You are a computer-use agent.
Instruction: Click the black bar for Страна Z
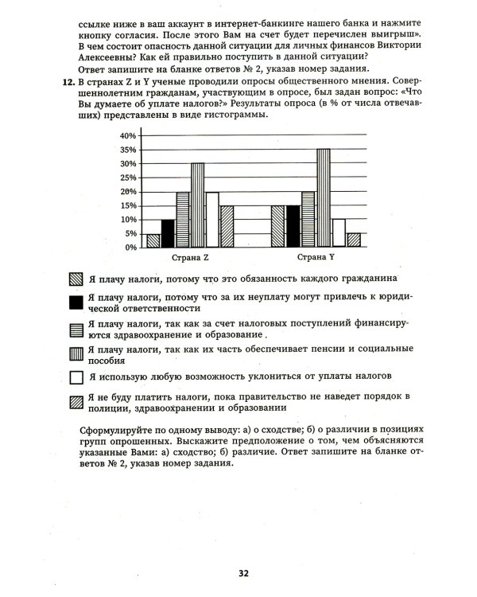168,233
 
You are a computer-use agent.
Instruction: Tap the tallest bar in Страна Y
323,198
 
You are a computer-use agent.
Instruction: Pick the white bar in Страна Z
211,220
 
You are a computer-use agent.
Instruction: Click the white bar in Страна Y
338,233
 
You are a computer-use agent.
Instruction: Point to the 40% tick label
126,136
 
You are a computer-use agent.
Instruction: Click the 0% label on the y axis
130,248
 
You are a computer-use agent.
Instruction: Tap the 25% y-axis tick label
126,178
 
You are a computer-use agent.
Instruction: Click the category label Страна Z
190,259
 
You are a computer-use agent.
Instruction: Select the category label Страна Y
316,259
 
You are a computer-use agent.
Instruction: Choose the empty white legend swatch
76,377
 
